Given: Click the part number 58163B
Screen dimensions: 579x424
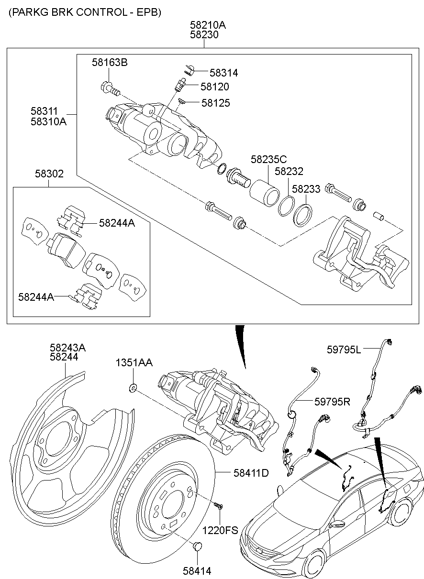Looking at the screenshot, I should tap(110, 63).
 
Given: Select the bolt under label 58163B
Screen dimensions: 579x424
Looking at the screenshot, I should tap(110, 88).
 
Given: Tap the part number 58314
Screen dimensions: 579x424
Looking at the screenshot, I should tap(223, 73).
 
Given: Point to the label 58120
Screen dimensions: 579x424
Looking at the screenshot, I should tap(214, 87).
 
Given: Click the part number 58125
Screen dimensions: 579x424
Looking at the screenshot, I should tap(215, 103).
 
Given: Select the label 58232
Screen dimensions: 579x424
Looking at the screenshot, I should tap(289, 171).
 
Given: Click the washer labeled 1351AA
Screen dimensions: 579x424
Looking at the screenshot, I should tap(133, 387).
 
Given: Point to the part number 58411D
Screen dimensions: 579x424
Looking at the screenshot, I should tap(251, 473).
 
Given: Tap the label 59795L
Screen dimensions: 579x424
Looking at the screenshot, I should tap(344, 350).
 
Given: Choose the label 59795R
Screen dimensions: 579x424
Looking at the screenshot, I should tap(333, 402).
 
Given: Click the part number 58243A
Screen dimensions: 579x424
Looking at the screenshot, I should tap(68, 348).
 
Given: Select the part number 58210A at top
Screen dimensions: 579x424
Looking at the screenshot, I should tap(207, 24).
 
